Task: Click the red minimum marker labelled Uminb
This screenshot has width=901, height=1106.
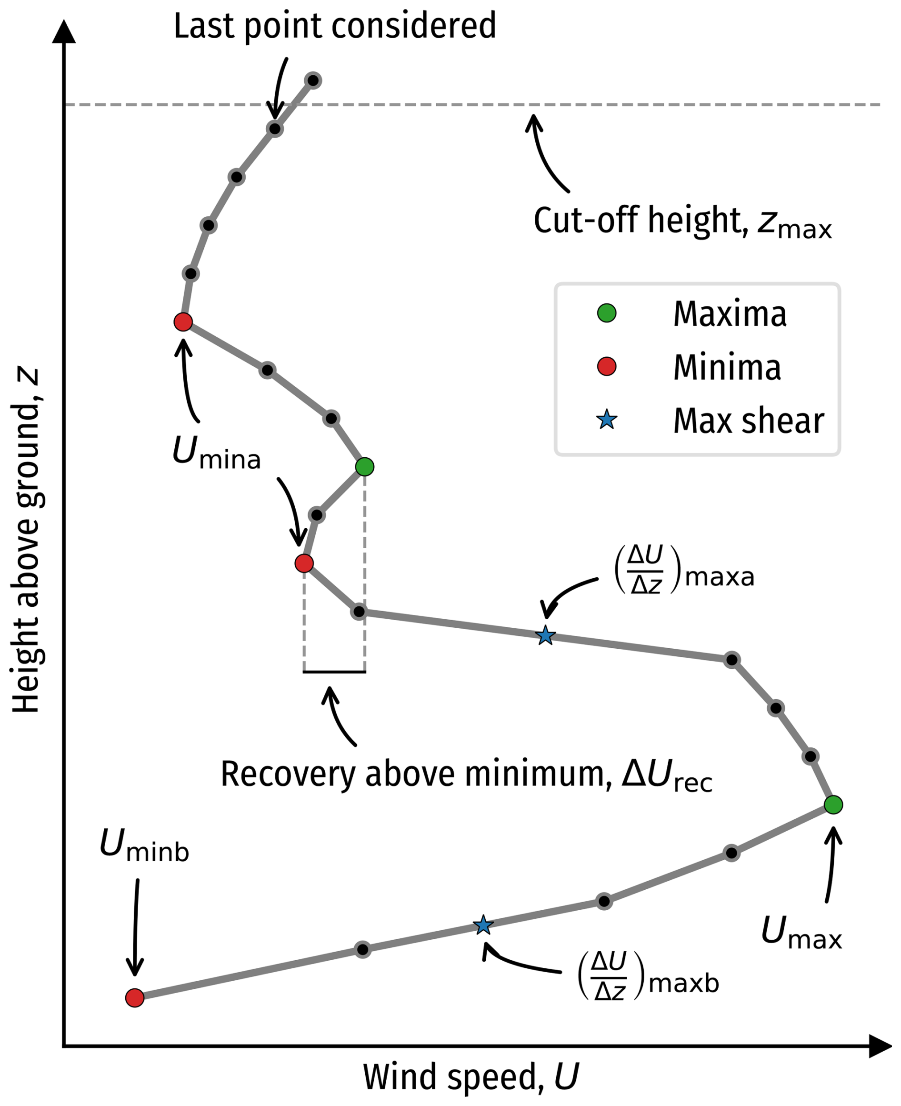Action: [x=135, y=997]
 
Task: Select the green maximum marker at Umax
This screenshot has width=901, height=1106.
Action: [x=833, y=805]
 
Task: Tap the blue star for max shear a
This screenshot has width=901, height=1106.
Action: [x=545, y=635]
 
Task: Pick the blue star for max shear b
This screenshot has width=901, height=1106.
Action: [x=483, y=925]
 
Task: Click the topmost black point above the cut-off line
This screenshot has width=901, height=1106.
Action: [x=313, y=80]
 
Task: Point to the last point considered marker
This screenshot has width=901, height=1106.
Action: [x=275, y=129]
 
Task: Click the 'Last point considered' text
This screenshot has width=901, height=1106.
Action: [x=335, y=25]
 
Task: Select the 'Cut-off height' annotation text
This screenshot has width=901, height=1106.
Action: [x=682, y=221]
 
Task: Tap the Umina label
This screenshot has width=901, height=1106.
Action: [x=216, y=452]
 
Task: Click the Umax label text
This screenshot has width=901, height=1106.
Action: [x=801, y=932]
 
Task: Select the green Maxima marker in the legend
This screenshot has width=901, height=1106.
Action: [x=606, y=313]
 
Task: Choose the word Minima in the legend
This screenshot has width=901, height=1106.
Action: [x=727, y=367]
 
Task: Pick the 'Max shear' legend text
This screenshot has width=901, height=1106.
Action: [x=749, y=421]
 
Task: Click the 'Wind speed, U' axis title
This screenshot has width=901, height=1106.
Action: [x=470, y=1076]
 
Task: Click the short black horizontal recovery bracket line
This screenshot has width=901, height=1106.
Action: [x=334, y=672]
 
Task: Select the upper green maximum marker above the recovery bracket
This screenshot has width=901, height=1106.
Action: [x=365, y=467]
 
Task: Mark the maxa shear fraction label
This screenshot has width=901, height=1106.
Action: [x=684, y=570]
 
